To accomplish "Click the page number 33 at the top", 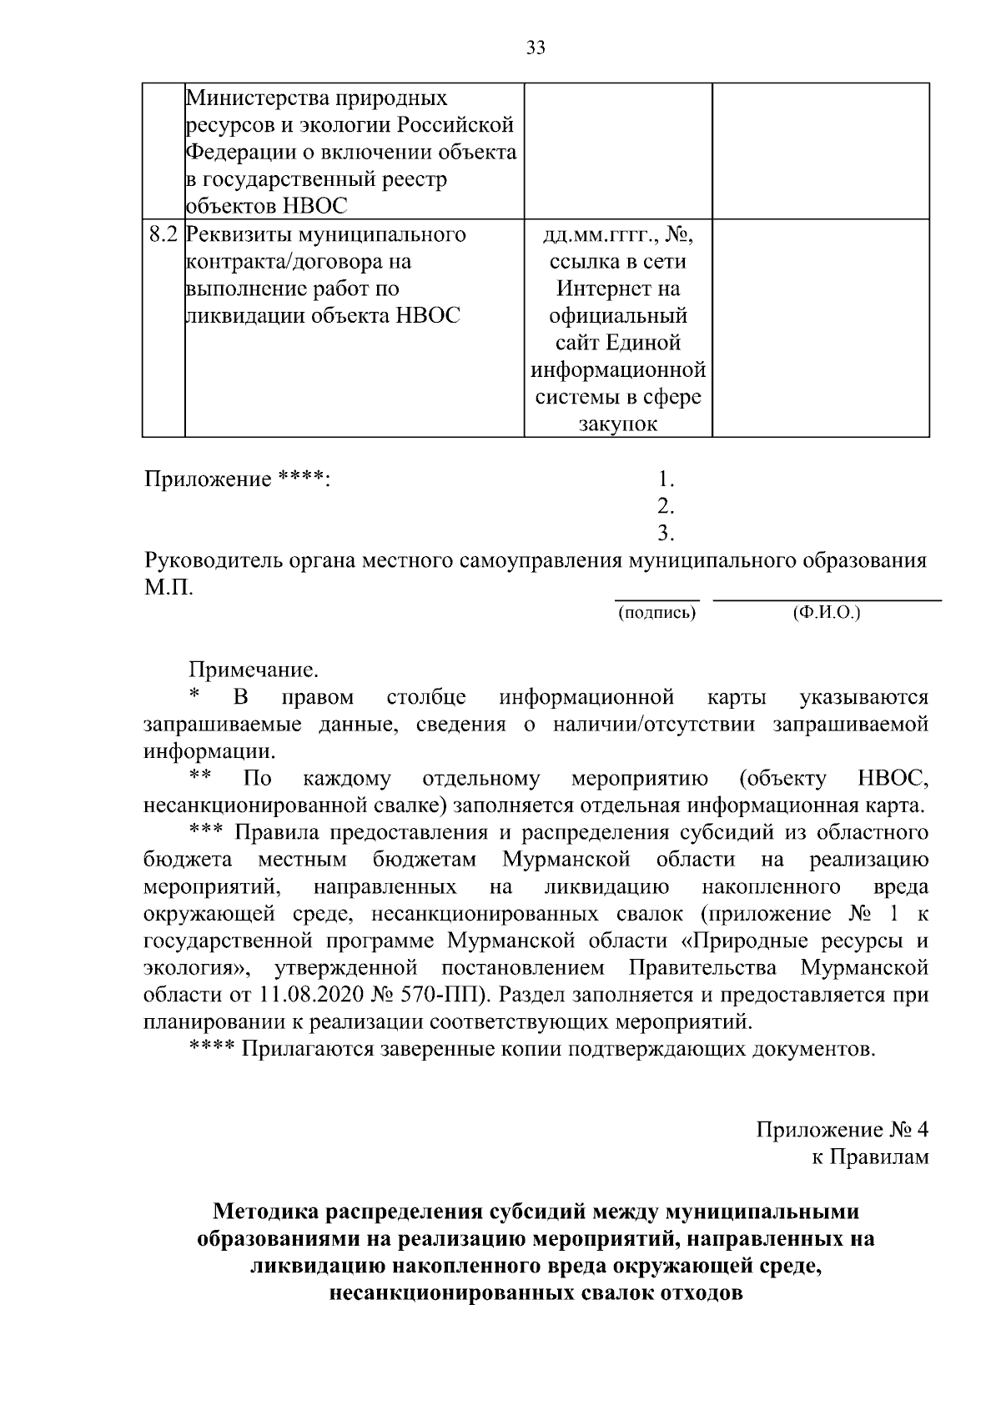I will point(536,48).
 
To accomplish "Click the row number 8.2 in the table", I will point(163,234).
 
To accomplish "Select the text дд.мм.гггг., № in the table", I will point(617,234).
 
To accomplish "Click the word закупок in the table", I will point(617,424).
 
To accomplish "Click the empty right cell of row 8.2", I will point(820,327).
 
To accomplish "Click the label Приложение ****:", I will point(238,479).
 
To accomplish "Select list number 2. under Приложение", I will point(666,506).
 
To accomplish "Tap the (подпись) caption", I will point(656,614).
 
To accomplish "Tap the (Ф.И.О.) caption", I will point(826,614).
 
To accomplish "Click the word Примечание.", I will point(254,669).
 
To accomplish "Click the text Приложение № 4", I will point(842,1130).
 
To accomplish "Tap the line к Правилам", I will point(870,1157).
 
